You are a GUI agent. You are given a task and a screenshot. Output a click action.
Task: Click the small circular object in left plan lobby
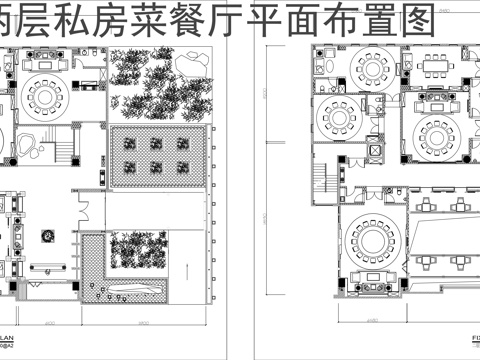point(46,236)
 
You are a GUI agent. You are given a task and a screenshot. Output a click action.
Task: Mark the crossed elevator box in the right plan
point(374,153)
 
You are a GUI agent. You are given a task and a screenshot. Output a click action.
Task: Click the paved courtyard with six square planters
point(157,154)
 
